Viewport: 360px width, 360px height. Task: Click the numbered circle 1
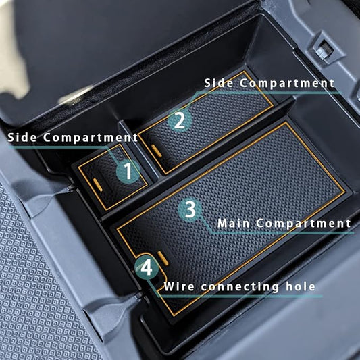click(x=128, y=172)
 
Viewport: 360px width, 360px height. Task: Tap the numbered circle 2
click(x=180, y=120)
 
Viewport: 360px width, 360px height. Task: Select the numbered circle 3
click(x=190, y=209)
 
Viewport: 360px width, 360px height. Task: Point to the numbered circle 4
click(x=147, y=267)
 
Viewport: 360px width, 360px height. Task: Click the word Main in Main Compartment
click(x=233, y=224)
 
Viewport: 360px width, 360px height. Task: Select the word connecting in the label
click(x=240, y=287)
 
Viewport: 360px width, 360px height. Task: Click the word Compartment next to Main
click(x=303, y=224)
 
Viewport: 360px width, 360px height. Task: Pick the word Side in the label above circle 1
click(x=22, y=137)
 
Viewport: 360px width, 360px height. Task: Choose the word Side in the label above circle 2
click(x=219, y=83)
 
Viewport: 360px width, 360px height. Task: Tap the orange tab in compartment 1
click(x=97, y=185)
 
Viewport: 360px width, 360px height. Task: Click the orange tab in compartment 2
click(x=156, y=151)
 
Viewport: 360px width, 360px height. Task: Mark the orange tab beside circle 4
click(x=163, y=258)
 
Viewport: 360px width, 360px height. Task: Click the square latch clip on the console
click(x=324, y=49)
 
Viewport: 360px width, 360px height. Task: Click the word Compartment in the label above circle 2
click(x=287, y=84)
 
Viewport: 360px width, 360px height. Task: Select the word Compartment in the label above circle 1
click(x=91, y=138)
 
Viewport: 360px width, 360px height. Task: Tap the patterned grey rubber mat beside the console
click(x=34, y=287)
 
